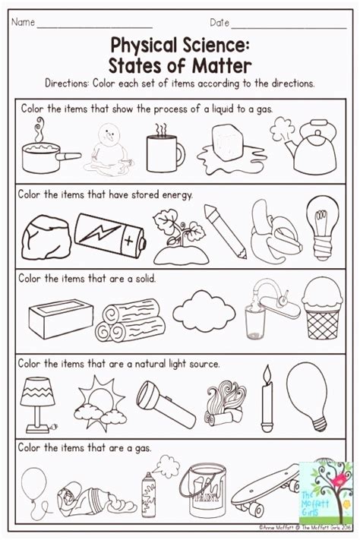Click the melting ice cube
[x=225, y=152]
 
